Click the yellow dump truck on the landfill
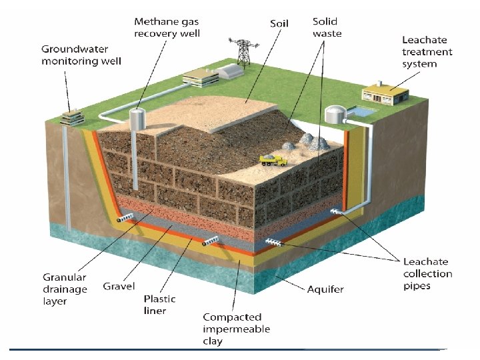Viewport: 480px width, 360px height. click(x=273, y=160)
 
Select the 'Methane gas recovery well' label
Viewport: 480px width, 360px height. click(x=166, y=27)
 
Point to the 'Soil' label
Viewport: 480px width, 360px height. click(x=279, y=23)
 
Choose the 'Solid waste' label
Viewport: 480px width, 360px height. click(x=327, y=27)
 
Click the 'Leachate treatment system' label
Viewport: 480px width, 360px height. click(x=427, y=52)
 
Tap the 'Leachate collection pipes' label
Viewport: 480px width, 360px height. click(x=427, y=273)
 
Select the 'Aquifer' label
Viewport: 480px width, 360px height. click(x=325, y=289)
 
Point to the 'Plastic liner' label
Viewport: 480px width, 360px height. click(x=160, y=305)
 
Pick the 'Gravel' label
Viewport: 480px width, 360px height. click(x=119, y=286)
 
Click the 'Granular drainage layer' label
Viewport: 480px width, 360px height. click(x=65, y=289)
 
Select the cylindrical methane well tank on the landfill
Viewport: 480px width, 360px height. click(x=137, y=119)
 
